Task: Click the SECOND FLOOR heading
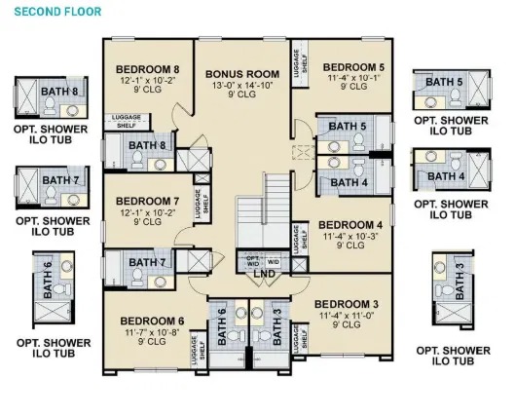coord(57,12)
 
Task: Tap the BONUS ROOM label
coord(242,74)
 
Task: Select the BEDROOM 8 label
coord(147,70)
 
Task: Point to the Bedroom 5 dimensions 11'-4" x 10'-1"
coord(353,78)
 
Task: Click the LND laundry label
coord(265,274)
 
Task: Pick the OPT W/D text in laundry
coord(253,261)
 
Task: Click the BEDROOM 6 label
coord(152,321)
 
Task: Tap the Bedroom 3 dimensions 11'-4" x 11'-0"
coord(347,316)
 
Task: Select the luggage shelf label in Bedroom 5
coord(300,63)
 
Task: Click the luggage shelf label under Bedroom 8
coord(127,121)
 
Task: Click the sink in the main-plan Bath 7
coord(160,282)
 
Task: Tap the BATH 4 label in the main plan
coord(349,183)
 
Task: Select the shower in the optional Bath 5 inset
coord(478,90)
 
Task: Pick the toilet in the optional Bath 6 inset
coord(61,289)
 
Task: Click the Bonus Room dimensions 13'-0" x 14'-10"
coord(242,86)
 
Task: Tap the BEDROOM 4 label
coord(350,225)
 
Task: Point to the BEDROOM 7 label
coord(147,201)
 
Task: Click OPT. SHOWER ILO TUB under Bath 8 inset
coord(51,134)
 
